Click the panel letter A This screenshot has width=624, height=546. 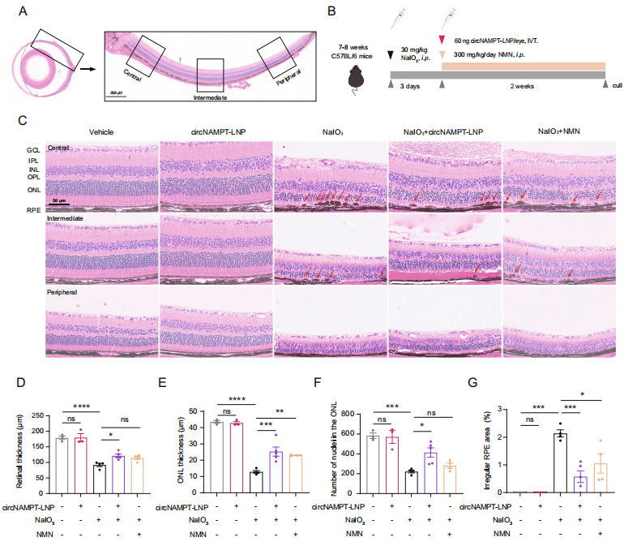tap(24, 11)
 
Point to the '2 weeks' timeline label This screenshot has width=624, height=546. tap(521, 85)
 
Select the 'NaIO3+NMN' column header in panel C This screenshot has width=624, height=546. tap(558, 131)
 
